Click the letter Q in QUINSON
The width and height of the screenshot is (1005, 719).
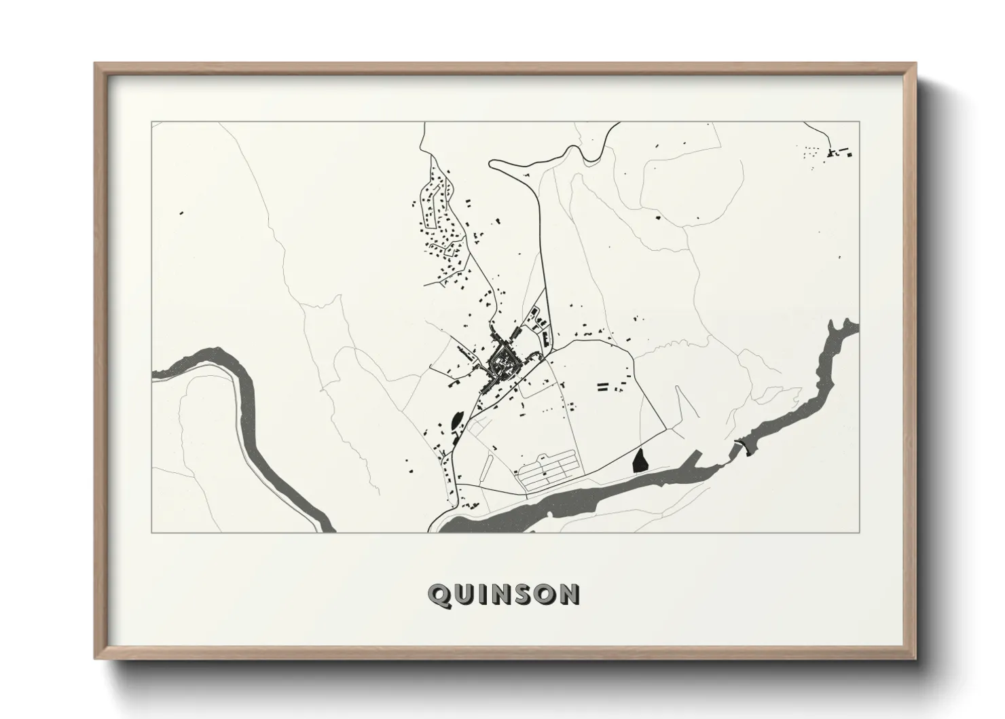coord(439,595)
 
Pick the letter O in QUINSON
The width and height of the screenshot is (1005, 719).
coord(545,595)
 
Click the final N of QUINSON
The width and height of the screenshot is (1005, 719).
coord(569,595)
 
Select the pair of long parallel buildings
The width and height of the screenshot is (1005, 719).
coord(601,387)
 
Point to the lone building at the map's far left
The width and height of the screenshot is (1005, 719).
coord(181,213)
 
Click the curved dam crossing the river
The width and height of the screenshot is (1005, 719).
coord(742,446)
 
